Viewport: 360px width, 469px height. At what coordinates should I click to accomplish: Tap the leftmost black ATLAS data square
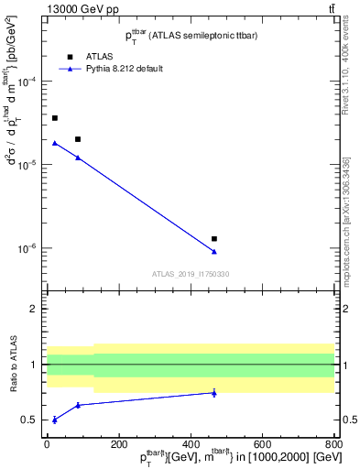pyautogui.click(x=55, y=118)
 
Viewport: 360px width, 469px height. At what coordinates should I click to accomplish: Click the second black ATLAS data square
pyautogui.click(x=78, y=139)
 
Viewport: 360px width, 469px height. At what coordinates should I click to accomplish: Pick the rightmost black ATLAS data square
pyautogui.click(x=214, y=238)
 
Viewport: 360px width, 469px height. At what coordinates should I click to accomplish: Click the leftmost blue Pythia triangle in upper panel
pyautogui.click(x=55, y=143)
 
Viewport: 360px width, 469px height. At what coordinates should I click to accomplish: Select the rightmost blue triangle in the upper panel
pyautogui.click(x=214, y=252)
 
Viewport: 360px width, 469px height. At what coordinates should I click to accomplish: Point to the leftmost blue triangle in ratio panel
pyautogui.click(x=55, y=420)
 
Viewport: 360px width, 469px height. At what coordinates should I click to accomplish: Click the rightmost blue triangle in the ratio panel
pyautogui.click(x=214, y=392)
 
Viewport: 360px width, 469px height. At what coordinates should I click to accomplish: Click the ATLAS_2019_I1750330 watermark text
pyautogui.click(x=191, y=273)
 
